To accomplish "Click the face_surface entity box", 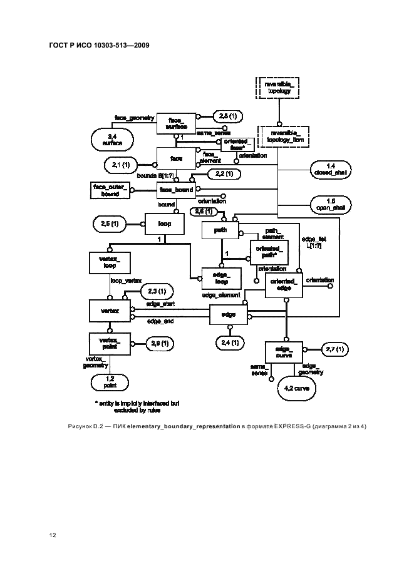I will [x=176, y=123].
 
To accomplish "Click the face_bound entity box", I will [x=176, y=190].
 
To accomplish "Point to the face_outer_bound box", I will [x=110, y=190].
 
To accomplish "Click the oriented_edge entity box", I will [x=284, y=285].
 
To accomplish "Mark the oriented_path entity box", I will [x=268, y=253].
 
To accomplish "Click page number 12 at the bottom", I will [x=53, y=535].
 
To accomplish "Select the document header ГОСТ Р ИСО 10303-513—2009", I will [x=98, y=46].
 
